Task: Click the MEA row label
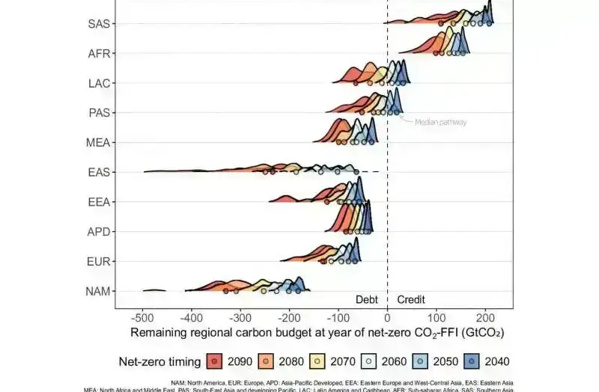[99, 142]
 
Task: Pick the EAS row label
[99, 172]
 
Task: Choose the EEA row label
[99, 202]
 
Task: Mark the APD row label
[99, 232]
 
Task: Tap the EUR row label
[99, 262]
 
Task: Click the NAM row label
[98, 291]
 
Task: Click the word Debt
[367, 299]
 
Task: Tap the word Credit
[411, 299]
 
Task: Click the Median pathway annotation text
[441, 122]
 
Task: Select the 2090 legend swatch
[215, 361]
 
